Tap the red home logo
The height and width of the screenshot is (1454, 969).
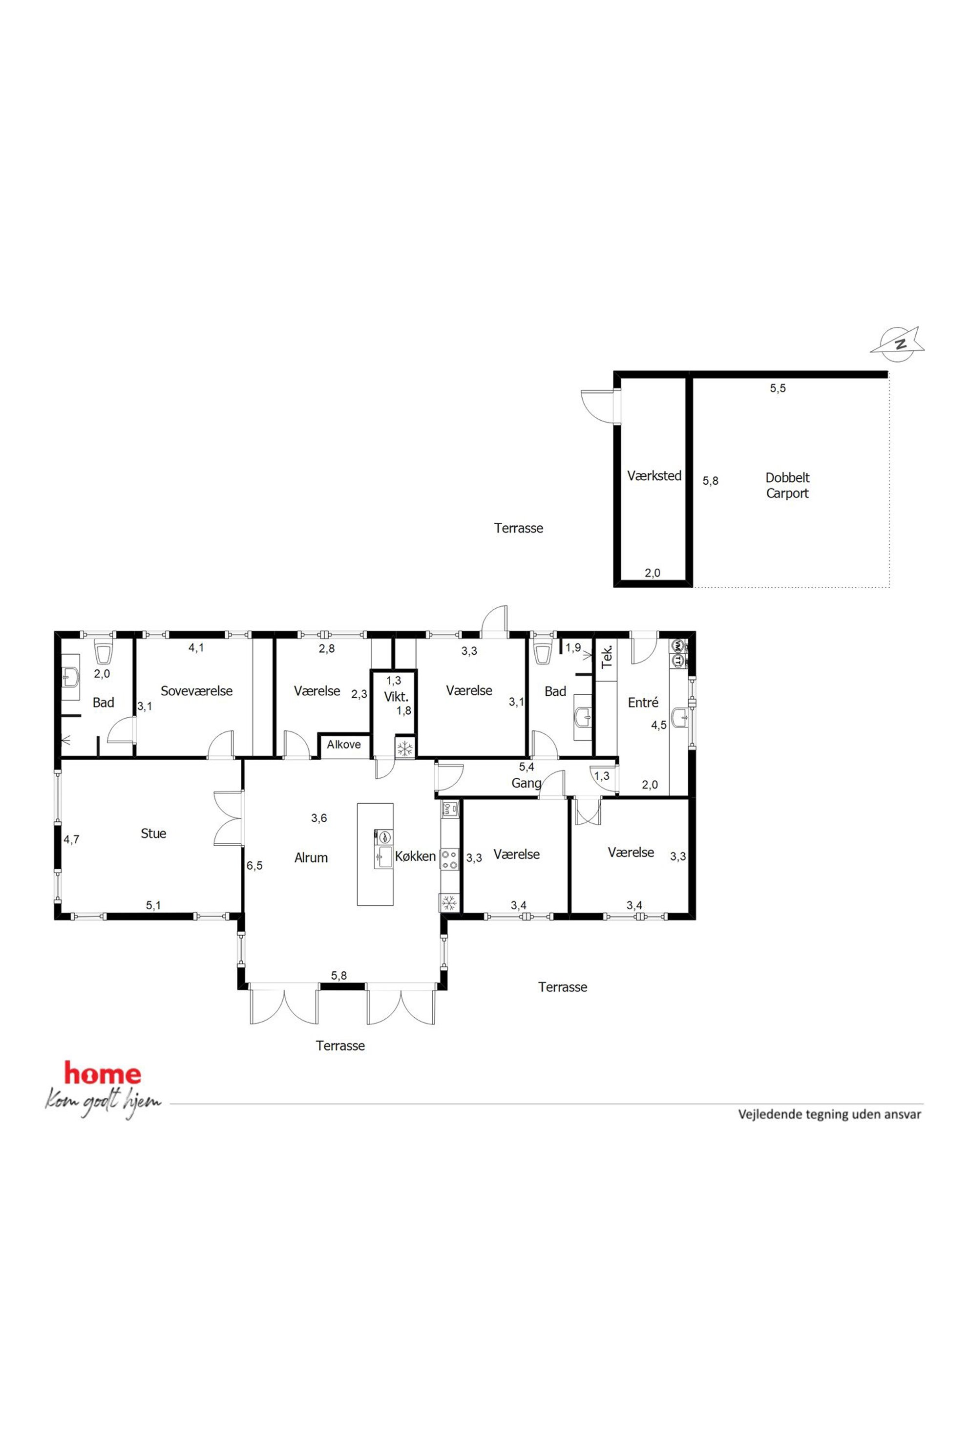pos(102,1073)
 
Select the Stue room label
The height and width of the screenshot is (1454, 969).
pos(153,834)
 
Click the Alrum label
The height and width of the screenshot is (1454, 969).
pos(311,857)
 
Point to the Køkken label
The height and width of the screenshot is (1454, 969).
pos(415,856)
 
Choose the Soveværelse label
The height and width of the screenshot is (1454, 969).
pos(196,690)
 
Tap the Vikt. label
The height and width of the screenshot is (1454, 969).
pos(396,697)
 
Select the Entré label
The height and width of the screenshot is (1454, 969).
pos(643,702)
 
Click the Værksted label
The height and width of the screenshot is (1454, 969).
pos(654,476)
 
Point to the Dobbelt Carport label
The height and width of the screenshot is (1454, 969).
pos(787,485)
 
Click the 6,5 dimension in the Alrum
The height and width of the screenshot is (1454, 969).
pos(254,865)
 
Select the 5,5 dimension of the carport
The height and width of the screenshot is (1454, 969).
pos(778,388)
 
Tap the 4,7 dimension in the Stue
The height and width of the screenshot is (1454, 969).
pos(72,839)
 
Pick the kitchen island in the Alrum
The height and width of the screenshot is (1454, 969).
pos(375,855)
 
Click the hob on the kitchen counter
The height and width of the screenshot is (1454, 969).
pos(449,859)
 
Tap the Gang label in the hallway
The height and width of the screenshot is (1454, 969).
pos(527,783)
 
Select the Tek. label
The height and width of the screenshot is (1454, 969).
pos(607,656)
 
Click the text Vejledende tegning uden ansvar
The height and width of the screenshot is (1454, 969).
pos(829,1114)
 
